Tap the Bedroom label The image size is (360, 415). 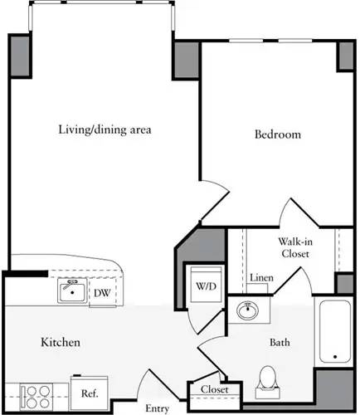[276, 134]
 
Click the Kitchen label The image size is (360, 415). [61, 342]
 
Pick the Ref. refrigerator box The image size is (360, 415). [88, 393]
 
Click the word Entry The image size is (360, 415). [157, 408]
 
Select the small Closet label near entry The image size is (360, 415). [214, 389]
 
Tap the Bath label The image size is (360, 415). [278, 342]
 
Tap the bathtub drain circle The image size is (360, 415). [334, 357]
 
